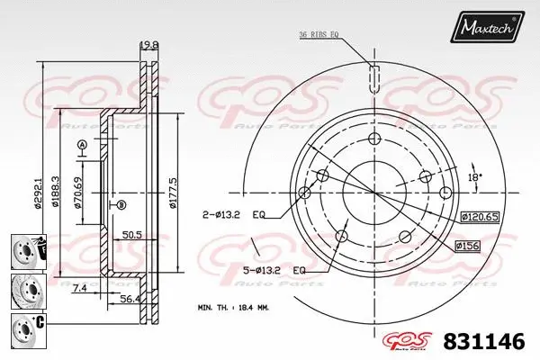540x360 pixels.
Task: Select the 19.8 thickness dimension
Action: click(148, 43)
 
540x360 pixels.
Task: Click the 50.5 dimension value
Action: click(132, 237)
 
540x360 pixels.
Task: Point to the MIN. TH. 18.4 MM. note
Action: click(233, 307)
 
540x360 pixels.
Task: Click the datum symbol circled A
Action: click(82, 146)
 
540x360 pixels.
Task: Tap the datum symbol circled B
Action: click(120, 205)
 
